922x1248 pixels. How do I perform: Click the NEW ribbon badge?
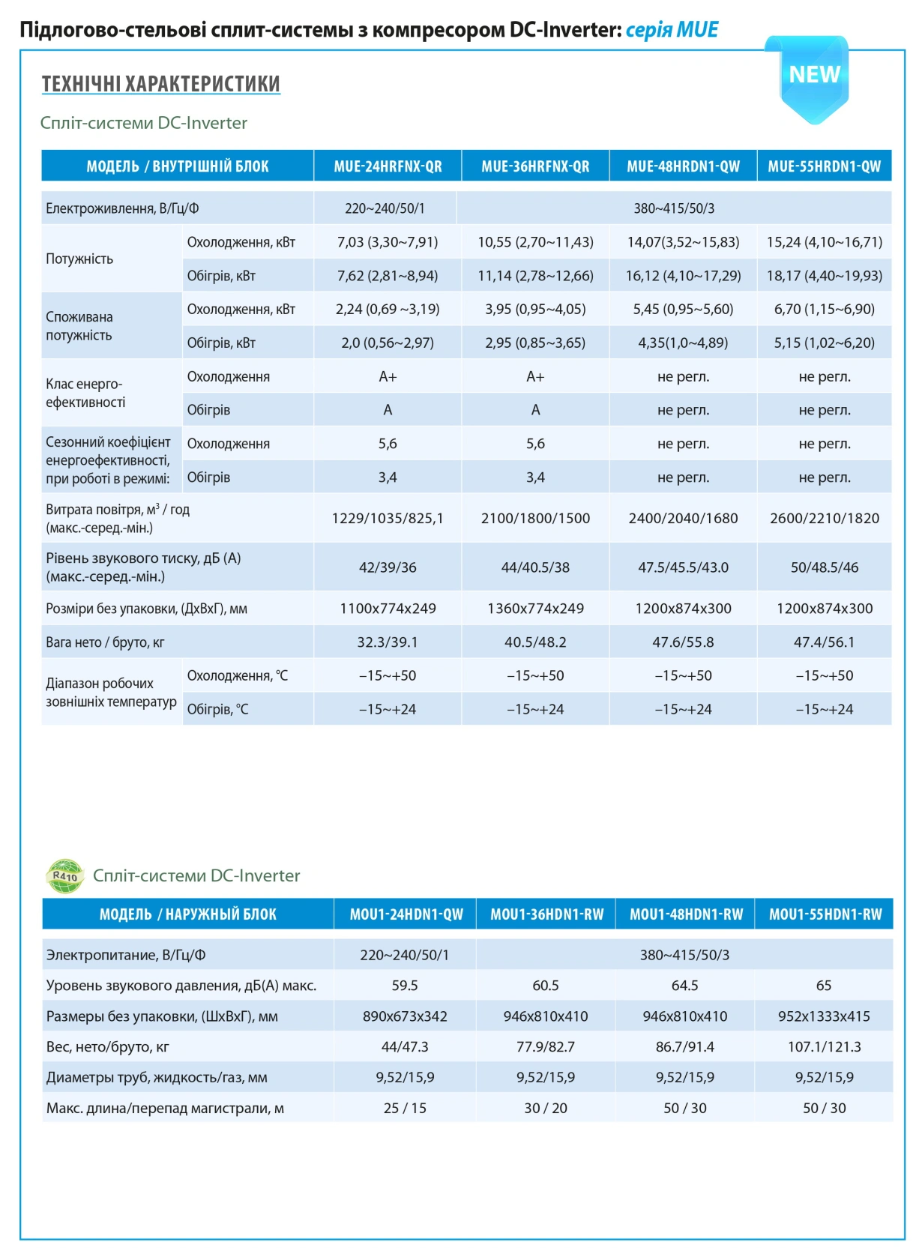(x=808, y=78)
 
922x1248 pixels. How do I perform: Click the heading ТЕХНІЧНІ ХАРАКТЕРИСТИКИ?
(x=160, y=83)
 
